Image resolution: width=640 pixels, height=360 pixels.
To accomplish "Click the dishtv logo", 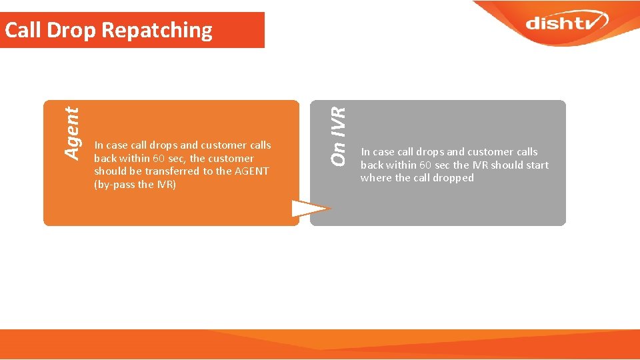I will tap(566, 23).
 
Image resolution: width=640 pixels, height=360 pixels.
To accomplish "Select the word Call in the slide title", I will tap(22, 30).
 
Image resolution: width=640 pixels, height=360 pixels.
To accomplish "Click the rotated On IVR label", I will tap(339, 137).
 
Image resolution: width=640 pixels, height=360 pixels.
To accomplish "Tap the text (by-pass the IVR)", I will tap(135, 185).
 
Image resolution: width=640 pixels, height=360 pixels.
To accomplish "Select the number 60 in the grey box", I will tap(425, 165).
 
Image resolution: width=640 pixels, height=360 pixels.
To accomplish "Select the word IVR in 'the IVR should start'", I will tap(480, 165).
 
